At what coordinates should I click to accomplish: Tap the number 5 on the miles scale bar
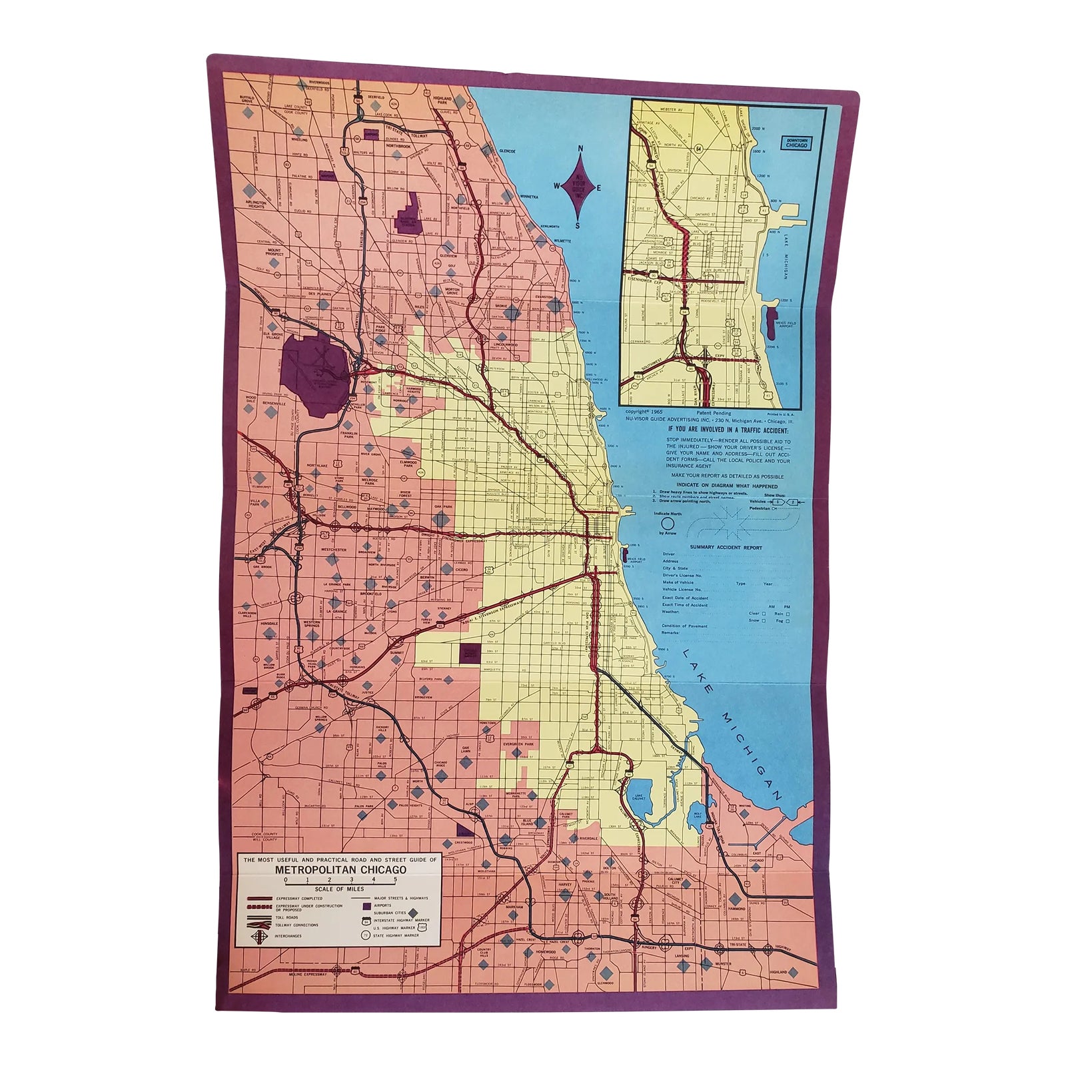click(x=395, y=879)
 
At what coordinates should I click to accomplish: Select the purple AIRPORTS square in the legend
click(x=367, y=906)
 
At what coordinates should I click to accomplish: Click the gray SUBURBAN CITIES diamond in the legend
click(x=413, y=913)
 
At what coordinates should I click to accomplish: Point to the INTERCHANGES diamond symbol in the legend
click(x=259, y=937)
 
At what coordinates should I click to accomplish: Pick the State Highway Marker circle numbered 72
click(x=366, y=935)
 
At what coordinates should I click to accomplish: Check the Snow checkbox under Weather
click(x=764, y=621)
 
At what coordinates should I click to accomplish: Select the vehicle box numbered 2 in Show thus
click(x=793, y=502)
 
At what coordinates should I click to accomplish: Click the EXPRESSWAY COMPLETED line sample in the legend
click(x=260, y=898)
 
